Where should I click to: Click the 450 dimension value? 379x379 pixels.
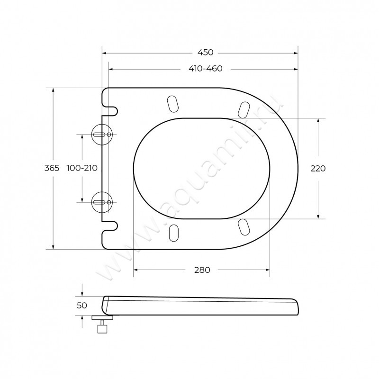pyautogui.click(x=206, y=53)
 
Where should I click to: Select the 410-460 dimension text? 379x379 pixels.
pyautogui.click(x=206, y=69)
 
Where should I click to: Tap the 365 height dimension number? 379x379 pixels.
pyautogui.click(x=52, y=168)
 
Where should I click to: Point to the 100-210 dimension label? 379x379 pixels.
pyautogui.click(x=82, y=168)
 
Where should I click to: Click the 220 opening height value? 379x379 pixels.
pyautogui.click(x=318, y=169)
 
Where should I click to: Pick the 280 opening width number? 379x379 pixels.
pyautogui.click(x=202, y=270)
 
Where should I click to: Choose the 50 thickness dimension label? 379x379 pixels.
pyautogui.click(x=82, y=306)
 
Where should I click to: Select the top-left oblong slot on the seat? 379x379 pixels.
pyautogui.click(x=173, y=104)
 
